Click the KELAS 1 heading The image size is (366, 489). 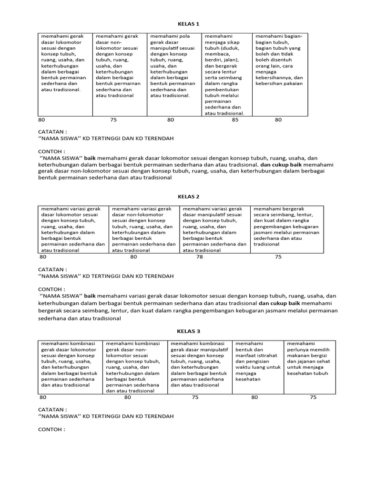point(188,23)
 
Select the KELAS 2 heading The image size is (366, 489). point(188,196)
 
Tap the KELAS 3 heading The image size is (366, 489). point(188,331)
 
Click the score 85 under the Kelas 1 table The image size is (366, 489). point(235,120)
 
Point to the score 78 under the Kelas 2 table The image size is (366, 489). point(200,256)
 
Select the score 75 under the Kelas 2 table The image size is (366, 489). point(278,256)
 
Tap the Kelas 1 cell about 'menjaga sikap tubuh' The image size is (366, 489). point(225,74)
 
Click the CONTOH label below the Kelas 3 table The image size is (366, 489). point(51,429)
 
